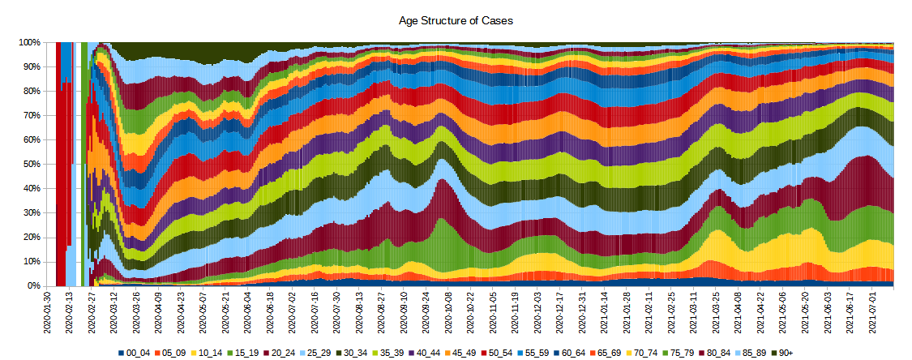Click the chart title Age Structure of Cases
[x=456, y=20]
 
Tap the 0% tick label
[x=34, y=286]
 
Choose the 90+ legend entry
[x=783, y=352]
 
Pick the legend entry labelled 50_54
[x=499, y=352]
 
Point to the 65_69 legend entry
[x=607, y=352]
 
